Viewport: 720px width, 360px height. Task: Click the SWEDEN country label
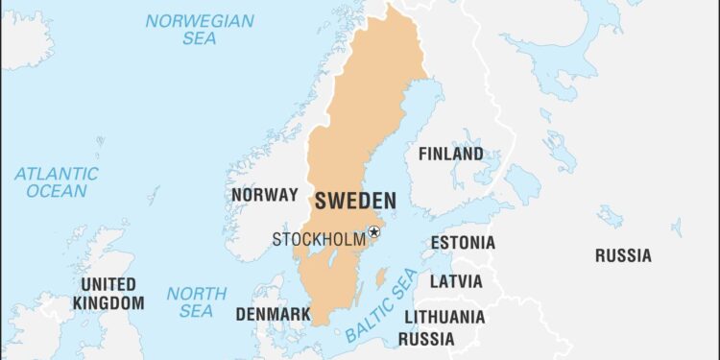coord(354,201)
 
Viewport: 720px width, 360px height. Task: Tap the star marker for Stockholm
coord(374,231)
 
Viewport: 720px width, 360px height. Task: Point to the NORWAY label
coord(265,195)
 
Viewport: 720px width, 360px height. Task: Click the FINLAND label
coord(450,154)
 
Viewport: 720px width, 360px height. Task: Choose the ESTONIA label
coord(463,243)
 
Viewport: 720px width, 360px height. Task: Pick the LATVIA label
coord(456,282)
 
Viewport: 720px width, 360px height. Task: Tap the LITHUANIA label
coord(444,317)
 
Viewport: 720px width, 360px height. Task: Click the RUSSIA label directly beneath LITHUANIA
coord(426,339)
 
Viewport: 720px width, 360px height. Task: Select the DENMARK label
coord(273,314)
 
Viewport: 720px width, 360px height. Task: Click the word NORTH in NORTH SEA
coord(197,294)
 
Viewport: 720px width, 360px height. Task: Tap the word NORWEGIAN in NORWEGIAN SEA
coord(200,21)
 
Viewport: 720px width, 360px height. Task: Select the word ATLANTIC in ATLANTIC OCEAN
coord(56,174)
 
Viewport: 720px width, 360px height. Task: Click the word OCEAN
coord(56,191)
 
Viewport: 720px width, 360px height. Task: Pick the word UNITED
coord(108,285)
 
